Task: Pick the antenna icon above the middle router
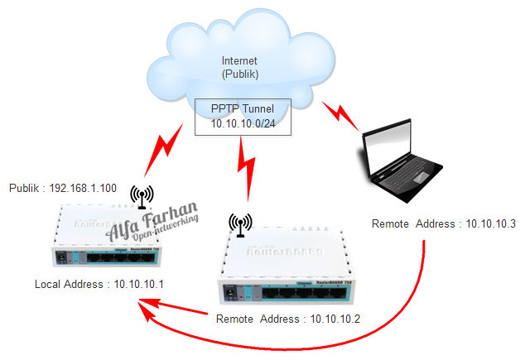click(x=240, y=224)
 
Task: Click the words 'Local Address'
click(x=63, y=285)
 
